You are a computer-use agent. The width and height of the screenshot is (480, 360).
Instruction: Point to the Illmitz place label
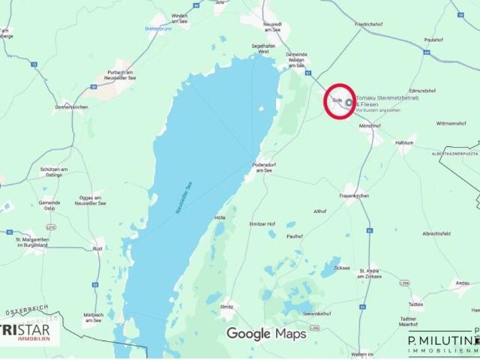(226, 307)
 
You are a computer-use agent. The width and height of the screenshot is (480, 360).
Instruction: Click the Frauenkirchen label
(354, 196)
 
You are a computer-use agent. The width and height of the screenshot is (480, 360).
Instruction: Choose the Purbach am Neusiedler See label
(121, 73)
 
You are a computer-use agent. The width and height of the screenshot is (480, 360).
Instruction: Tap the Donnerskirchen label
(72, 107)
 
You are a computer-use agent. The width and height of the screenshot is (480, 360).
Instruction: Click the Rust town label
(97, 248)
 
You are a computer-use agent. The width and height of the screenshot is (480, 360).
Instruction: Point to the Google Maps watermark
(266, 334)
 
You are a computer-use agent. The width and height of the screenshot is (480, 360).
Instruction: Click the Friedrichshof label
(368, 24)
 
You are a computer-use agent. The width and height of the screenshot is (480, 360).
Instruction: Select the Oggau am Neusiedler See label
(90, 201)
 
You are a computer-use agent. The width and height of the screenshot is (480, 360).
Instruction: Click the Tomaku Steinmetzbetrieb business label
(386, 100)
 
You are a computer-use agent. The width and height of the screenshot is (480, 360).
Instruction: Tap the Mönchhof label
(370, 126)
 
